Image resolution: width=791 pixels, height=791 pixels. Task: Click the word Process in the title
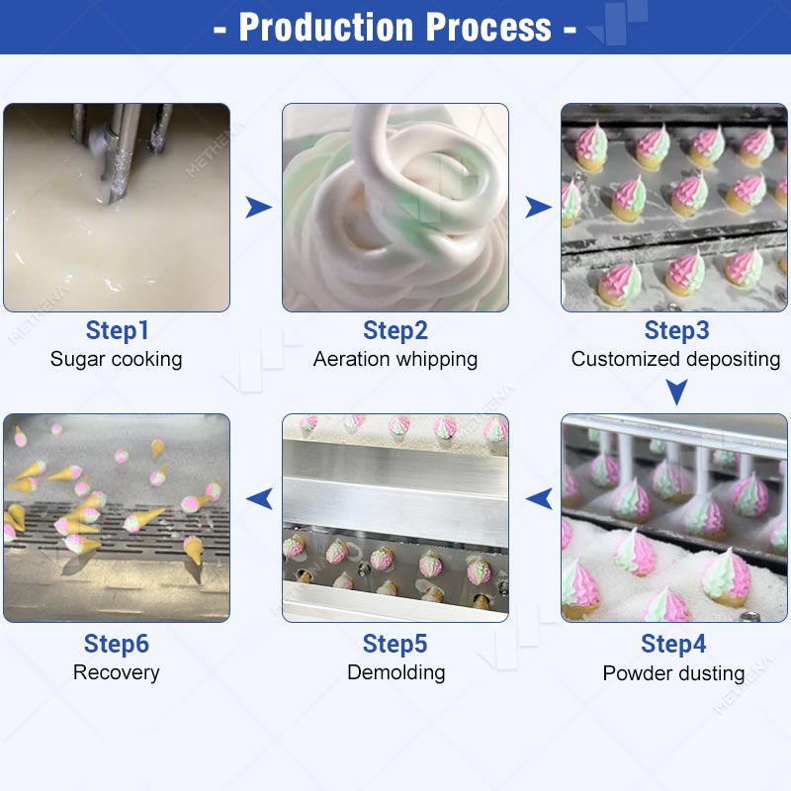(x=488, y=28)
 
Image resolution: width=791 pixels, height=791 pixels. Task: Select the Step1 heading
(x=117, y=331)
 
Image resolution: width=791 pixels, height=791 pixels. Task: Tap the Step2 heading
(x=395, y=331)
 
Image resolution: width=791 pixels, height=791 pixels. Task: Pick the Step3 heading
(x=676, y=331)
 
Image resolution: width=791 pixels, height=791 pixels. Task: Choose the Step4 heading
(x=673, y=644)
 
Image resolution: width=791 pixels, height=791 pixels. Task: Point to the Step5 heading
(x=395, y=644)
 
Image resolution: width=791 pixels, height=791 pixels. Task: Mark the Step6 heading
(x=117, y=644)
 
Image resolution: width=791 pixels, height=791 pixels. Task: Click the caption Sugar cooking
(x=116, y=360)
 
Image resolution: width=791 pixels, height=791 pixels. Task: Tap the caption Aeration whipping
(x=395, y=360)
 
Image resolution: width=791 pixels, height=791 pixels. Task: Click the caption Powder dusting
(x=673, y=673)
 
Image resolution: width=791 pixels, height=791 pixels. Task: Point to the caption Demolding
(x=396, y=673)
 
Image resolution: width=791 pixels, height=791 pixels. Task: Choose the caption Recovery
(x=116, y=673)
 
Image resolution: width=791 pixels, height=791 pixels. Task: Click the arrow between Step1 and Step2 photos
(x=258, y=208)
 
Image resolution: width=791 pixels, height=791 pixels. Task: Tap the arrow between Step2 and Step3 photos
(x=537, y=208)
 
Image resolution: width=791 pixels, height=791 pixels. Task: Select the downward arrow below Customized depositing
(x=676, y=392)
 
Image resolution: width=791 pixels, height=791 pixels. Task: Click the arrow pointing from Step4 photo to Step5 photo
(x=539, y=498)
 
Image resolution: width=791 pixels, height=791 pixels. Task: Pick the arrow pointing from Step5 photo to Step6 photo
(x=260, y=498)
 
